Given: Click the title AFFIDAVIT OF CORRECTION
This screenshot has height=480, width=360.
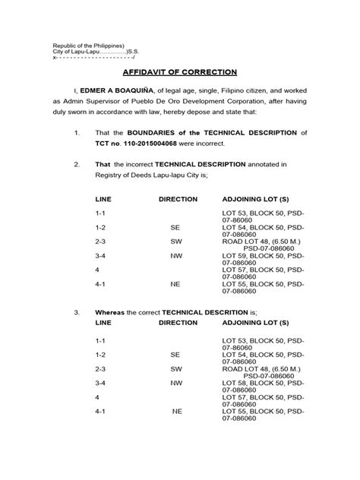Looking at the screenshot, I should (180, 72).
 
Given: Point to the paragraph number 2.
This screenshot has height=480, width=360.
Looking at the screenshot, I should (77, 163).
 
